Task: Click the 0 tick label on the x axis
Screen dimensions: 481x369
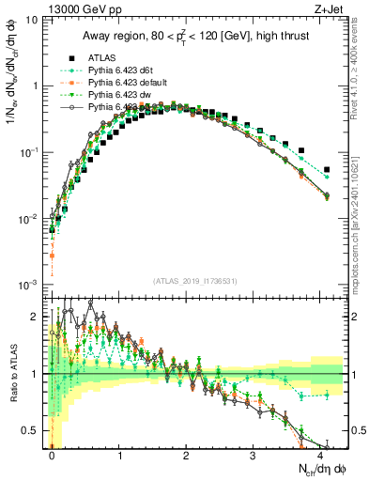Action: [52, 455]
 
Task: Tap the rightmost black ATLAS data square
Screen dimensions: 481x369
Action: [326, 170]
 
